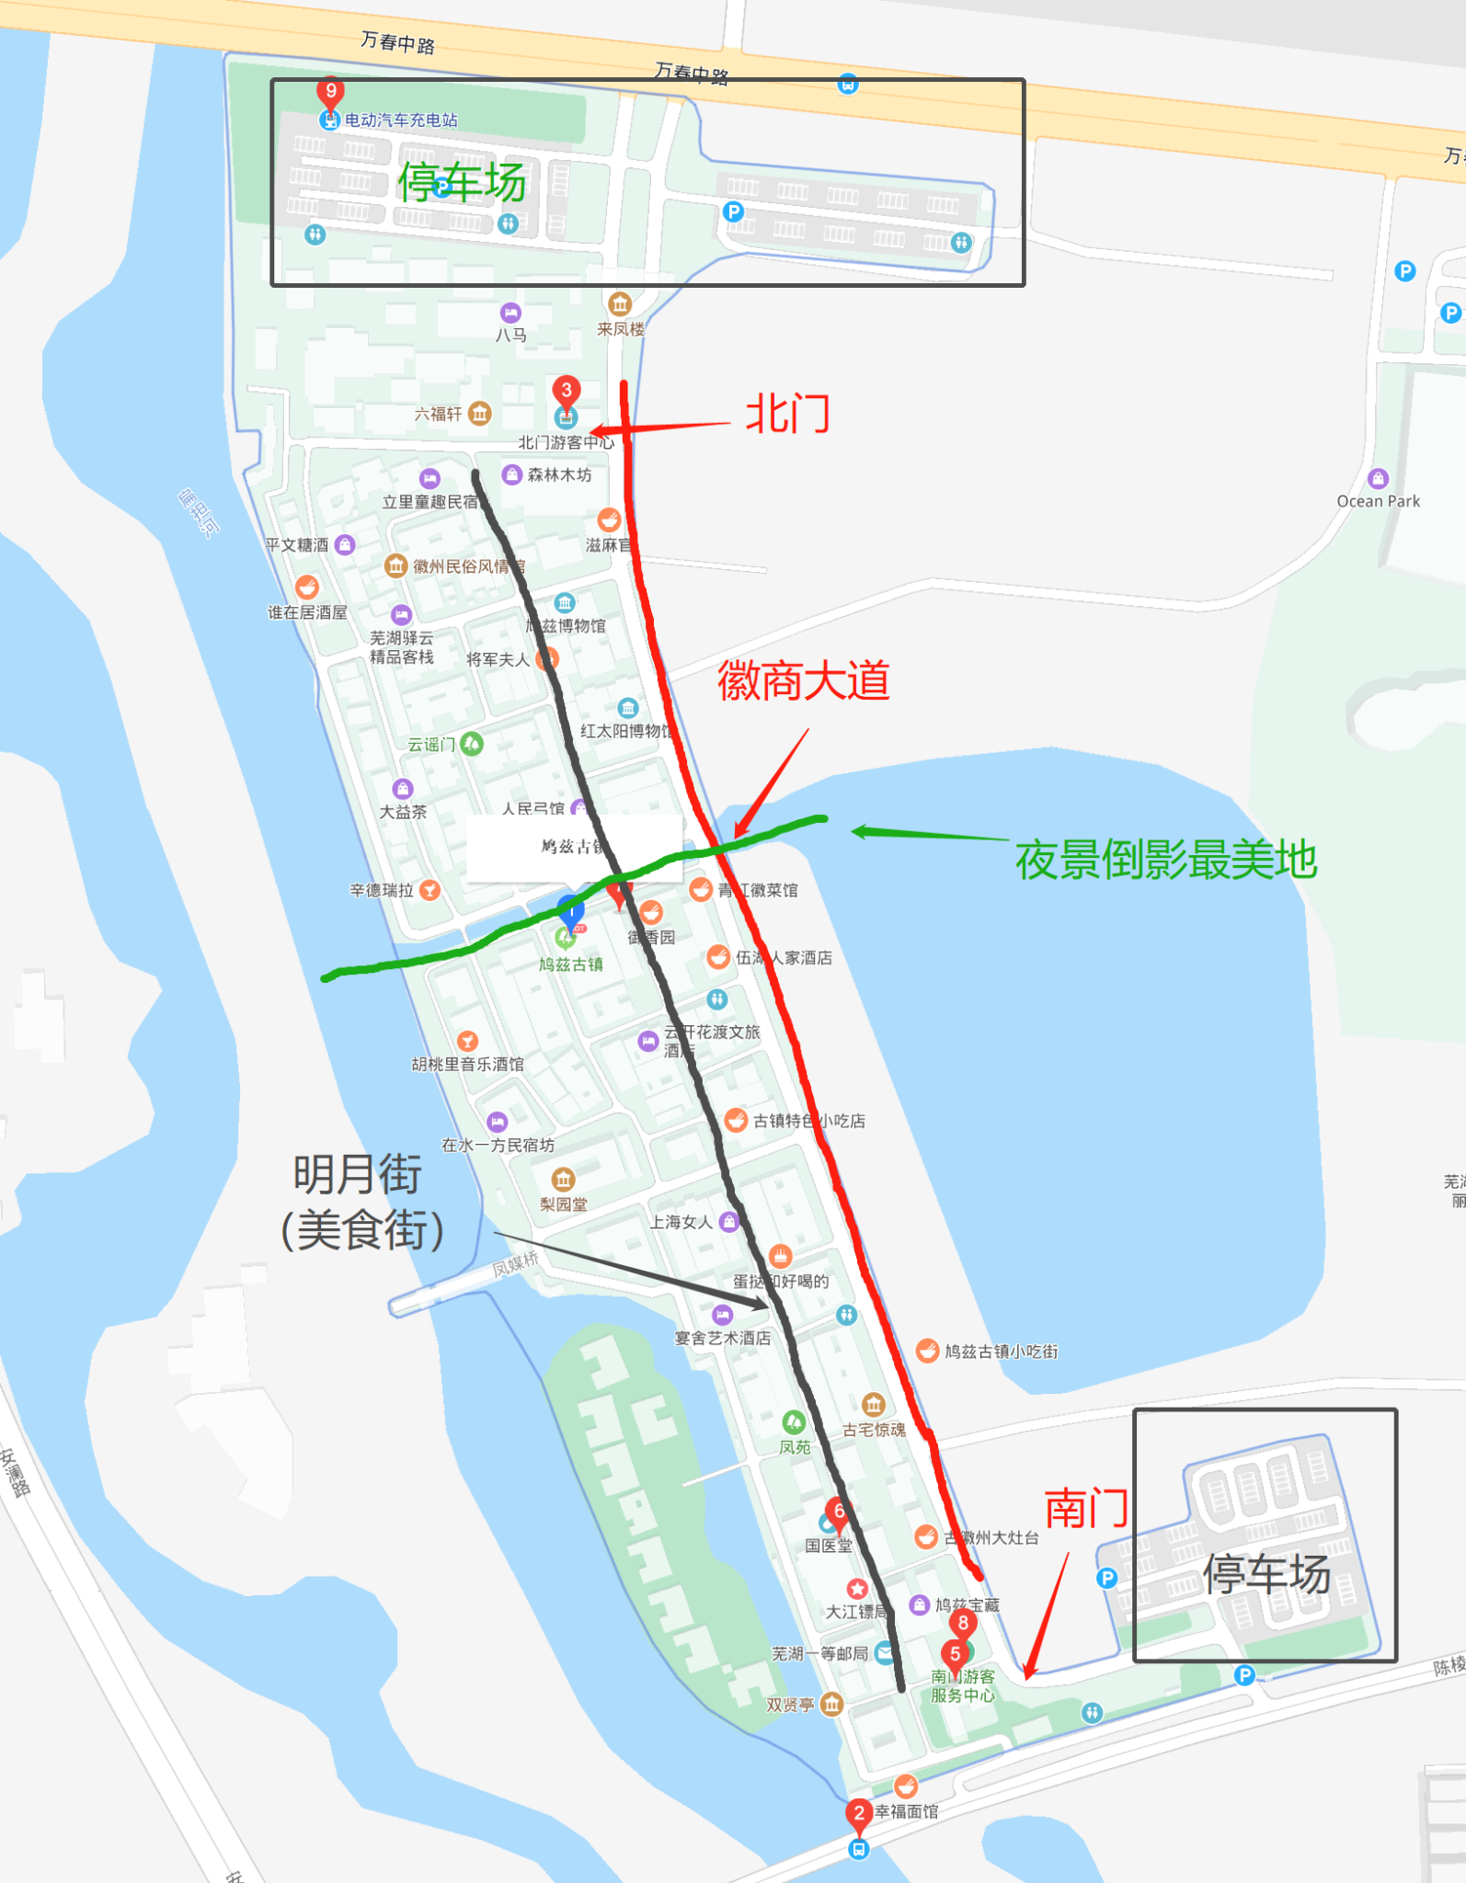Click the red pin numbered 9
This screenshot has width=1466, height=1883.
pos(330,92)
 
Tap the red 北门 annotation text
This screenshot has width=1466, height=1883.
pos(787,414)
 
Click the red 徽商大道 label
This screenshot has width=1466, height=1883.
pos(803,681)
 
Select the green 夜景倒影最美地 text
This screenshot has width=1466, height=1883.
pos(1165,861)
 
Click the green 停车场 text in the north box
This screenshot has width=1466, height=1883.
pos(462,182)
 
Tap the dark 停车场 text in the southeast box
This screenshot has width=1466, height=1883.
pos(1266,1574)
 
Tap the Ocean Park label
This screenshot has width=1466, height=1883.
pos(1378,501)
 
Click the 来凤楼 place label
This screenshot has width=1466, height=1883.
pos(621,329)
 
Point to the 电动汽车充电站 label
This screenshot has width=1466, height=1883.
pos(401,120)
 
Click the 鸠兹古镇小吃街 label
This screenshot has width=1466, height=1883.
pos(1001,1352)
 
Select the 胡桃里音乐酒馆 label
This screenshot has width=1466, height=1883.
pos(467,1065)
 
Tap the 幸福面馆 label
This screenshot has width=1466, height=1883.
pos(906,1811)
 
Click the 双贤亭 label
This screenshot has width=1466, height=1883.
pos(790,1705)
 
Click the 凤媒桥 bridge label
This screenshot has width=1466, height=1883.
pos(515,1264)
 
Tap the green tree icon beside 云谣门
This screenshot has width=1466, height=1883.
pos(472,743)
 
